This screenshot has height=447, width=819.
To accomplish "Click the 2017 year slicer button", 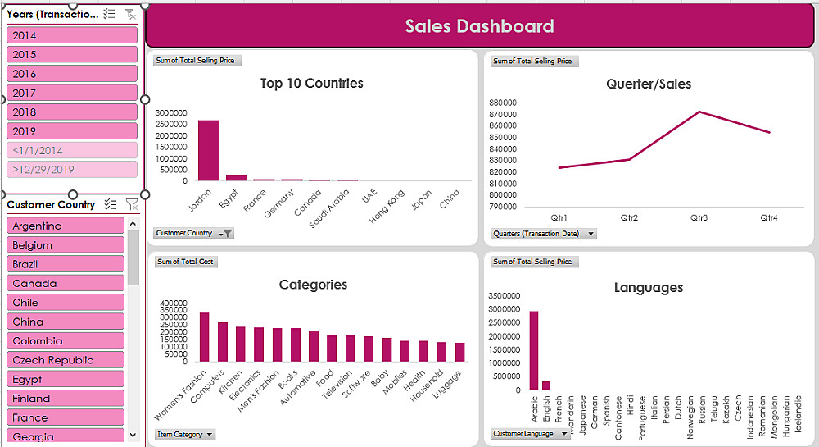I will (72, 93).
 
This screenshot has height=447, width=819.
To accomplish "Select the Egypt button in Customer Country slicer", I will (66, 379).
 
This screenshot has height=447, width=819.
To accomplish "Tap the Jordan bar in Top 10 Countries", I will (209, 151).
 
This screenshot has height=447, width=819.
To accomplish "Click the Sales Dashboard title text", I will (479, 26).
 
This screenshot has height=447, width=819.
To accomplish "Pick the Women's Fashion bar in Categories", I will (204, 337).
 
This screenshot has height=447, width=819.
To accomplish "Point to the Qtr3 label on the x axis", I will (699, 218).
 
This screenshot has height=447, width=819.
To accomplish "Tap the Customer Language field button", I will (530, 434).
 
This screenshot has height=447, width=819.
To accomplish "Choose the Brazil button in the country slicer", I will (66, 264).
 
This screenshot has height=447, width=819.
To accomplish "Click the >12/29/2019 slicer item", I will (72, 170).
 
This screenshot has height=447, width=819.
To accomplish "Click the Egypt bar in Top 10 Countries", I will (237, 177).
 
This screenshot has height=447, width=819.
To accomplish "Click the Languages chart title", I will (648, 287).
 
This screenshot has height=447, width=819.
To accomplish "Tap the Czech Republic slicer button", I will (66, 360).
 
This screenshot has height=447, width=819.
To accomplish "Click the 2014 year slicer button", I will (72, 35).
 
